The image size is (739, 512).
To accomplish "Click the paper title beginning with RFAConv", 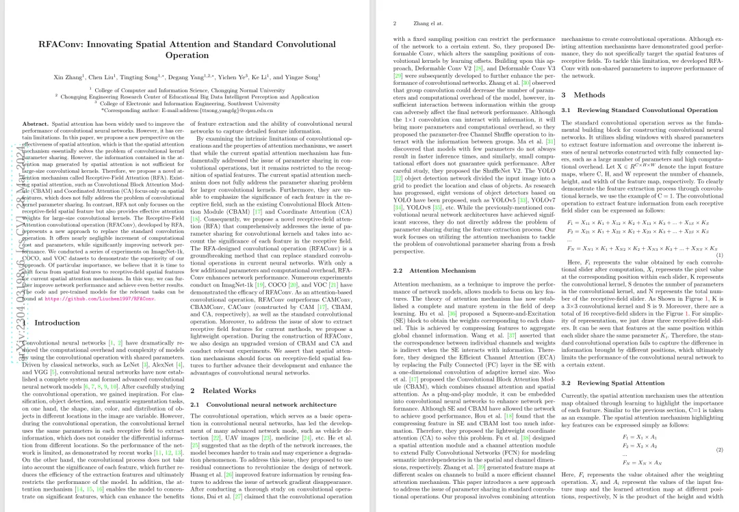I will click(187, 49).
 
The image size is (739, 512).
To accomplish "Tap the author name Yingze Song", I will click(303, 77).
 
